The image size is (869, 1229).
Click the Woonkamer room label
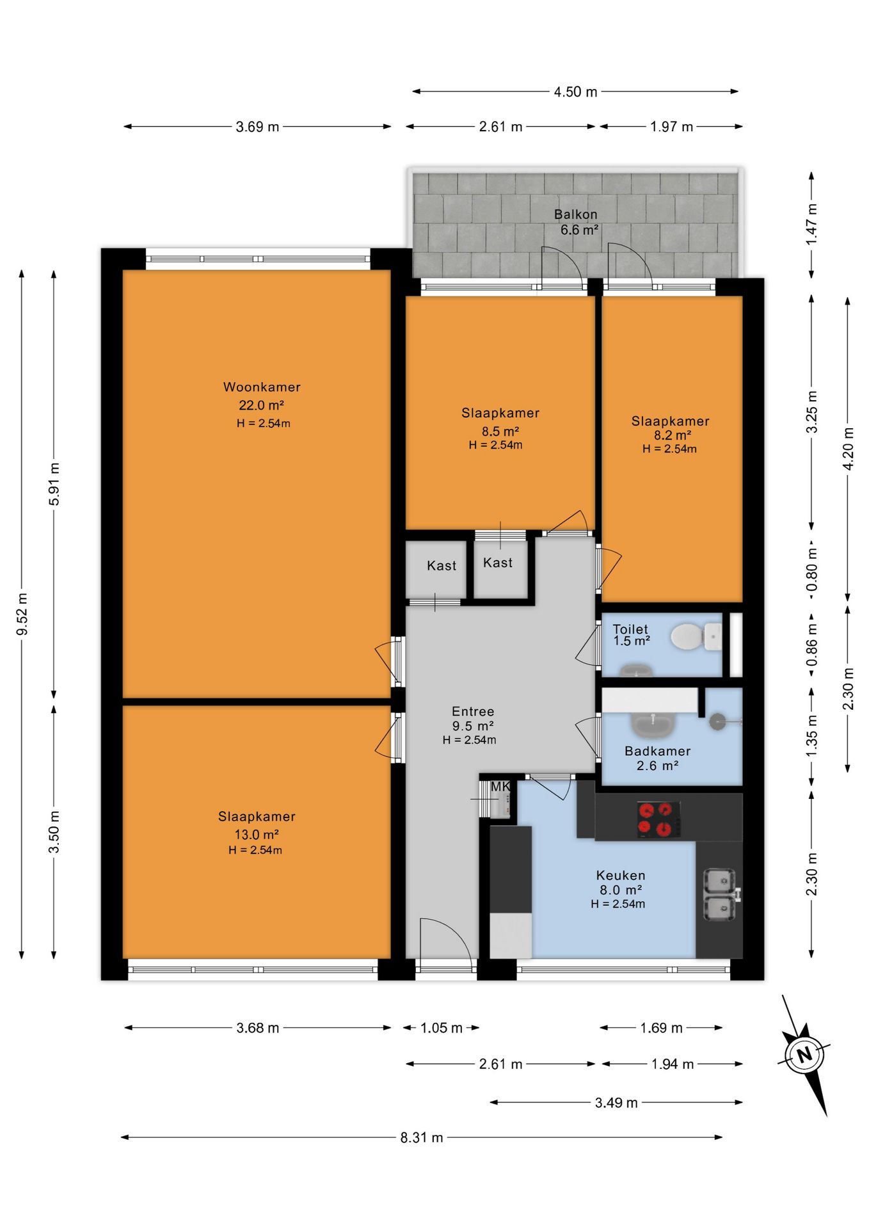(262, 387)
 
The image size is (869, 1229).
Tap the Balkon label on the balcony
(576, 214)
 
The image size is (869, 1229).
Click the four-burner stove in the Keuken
(658, 819)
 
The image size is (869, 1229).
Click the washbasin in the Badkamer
(653, 725)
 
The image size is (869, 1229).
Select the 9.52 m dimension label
(22, 614)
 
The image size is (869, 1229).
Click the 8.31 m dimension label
(422, 1137)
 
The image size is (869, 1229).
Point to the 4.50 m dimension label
(575, 92)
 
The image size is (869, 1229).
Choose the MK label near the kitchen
(500, 786)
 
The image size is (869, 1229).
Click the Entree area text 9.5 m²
(473, 726)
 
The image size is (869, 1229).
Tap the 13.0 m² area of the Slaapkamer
(256, 835)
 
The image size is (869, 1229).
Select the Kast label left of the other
(442, 566)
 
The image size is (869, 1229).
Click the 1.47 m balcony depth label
(812, 225)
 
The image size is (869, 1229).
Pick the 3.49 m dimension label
(616, 1102)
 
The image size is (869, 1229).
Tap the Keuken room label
(621, 875)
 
